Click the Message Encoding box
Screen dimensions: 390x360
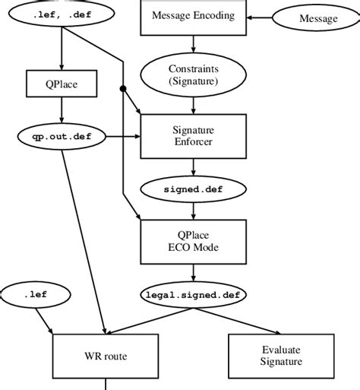193,16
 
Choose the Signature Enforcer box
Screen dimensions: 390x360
193,135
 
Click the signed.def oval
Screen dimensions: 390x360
193,188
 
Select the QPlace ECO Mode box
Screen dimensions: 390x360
193,241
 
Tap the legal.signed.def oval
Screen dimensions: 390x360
193,293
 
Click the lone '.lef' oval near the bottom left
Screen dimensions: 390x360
34,293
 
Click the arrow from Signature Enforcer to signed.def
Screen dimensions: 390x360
193,166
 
